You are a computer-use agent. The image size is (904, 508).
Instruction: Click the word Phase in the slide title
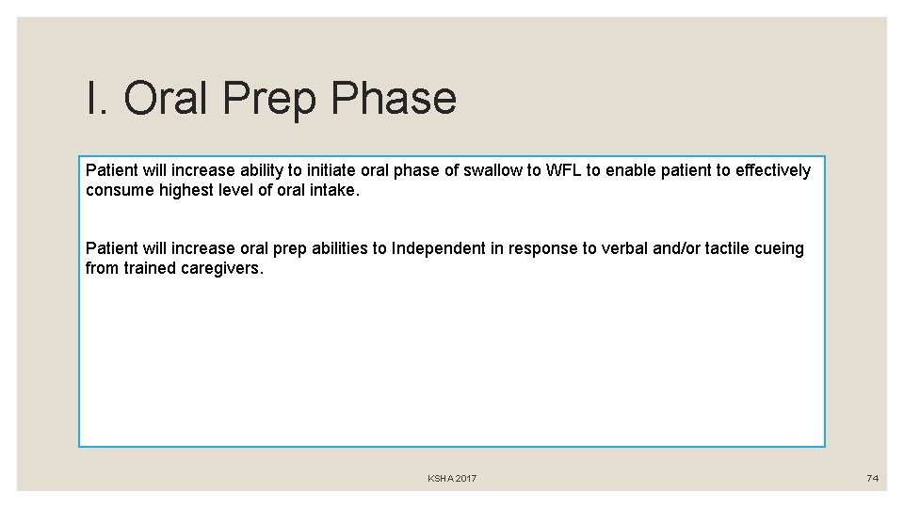(395, 99)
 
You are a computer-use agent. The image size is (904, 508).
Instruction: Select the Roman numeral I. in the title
(96, 99)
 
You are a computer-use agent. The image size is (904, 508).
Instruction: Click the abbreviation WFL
(563, 170)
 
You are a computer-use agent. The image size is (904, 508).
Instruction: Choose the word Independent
(438, 248)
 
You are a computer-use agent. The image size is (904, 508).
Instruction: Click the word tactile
(721, 248)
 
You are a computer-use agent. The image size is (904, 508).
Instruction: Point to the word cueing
(779, 248)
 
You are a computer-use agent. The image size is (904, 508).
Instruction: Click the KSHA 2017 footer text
(452, 479)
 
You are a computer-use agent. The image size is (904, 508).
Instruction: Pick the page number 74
(872, 479)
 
